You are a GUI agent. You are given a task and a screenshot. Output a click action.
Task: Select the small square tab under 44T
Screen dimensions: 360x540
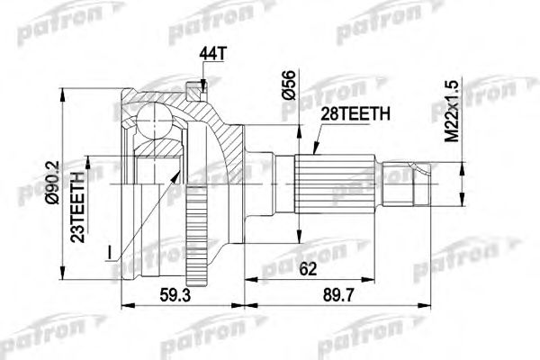(191, 88)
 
